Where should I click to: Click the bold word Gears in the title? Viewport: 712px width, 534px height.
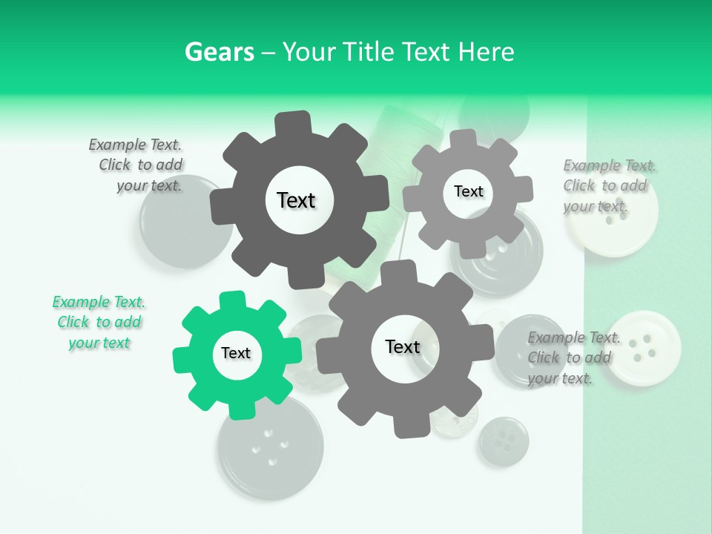point(219,52)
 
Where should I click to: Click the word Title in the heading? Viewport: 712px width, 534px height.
point(370,52)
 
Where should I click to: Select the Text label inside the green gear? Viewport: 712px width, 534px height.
point(236,354)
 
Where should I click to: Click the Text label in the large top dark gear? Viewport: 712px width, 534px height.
point(296,200)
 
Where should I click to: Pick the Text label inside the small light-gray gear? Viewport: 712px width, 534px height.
point(468,191)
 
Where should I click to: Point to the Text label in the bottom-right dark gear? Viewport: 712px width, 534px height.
point(403,347)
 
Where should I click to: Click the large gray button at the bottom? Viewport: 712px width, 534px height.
point(270,449)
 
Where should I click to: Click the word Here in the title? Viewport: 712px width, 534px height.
point(486,52)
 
